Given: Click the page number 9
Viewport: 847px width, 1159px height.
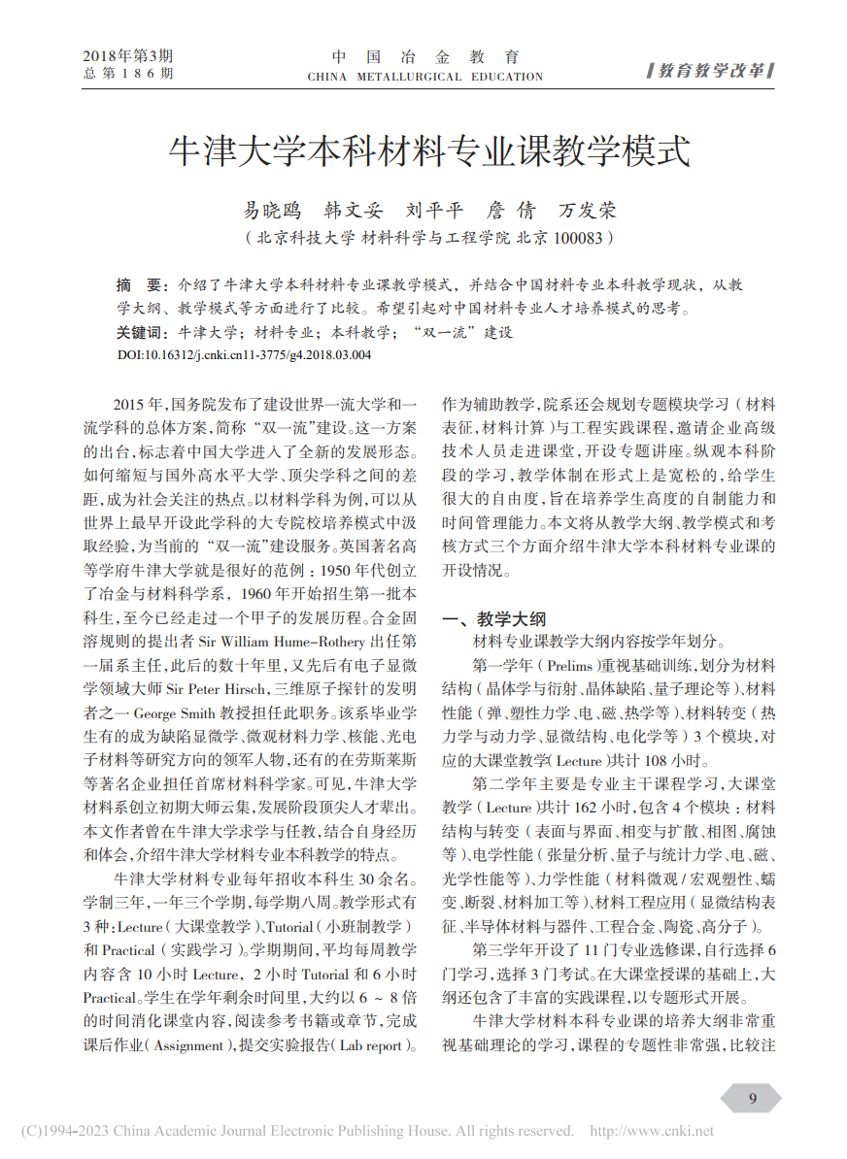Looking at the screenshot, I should (752, 1098).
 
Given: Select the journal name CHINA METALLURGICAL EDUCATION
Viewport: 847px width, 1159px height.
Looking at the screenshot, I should (424, 77).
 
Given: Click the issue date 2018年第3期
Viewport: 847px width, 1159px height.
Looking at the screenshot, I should (127, 55).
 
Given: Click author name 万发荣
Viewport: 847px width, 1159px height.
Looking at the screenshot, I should (588, 210).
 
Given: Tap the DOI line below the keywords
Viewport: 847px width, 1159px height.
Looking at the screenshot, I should (244, 355).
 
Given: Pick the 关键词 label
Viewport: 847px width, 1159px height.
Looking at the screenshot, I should (141, 333).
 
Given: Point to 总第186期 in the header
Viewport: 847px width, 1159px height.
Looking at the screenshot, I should (127, 73).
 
